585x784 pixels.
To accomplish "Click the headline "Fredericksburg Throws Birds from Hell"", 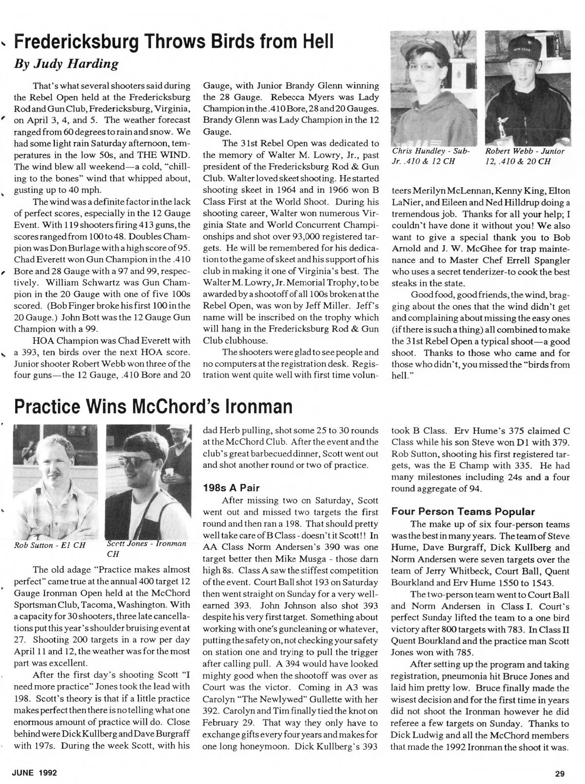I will coord(174,41).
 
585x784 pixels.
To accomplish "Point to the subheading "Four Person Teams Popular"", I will coord(463,512).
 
